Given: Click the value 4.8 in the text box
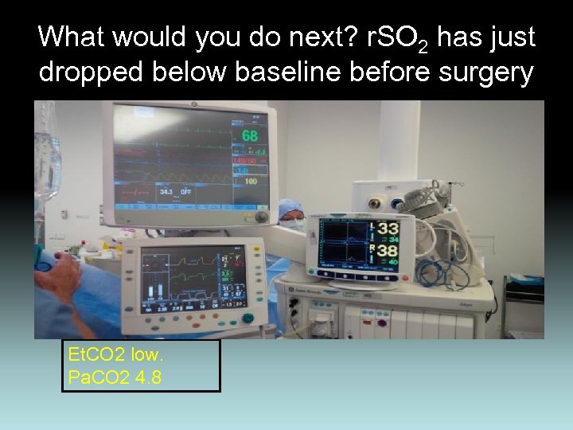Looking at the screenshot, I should [149, 377].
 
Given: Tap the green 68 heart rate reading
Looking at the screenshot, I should [249, 136].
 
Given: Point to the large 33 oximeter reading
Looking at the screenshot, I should [388, 229].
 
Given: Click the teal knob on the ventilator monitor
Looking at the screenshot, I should [248, 319].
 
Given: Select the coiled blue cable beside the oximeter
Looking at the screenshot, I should [442, 272].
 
